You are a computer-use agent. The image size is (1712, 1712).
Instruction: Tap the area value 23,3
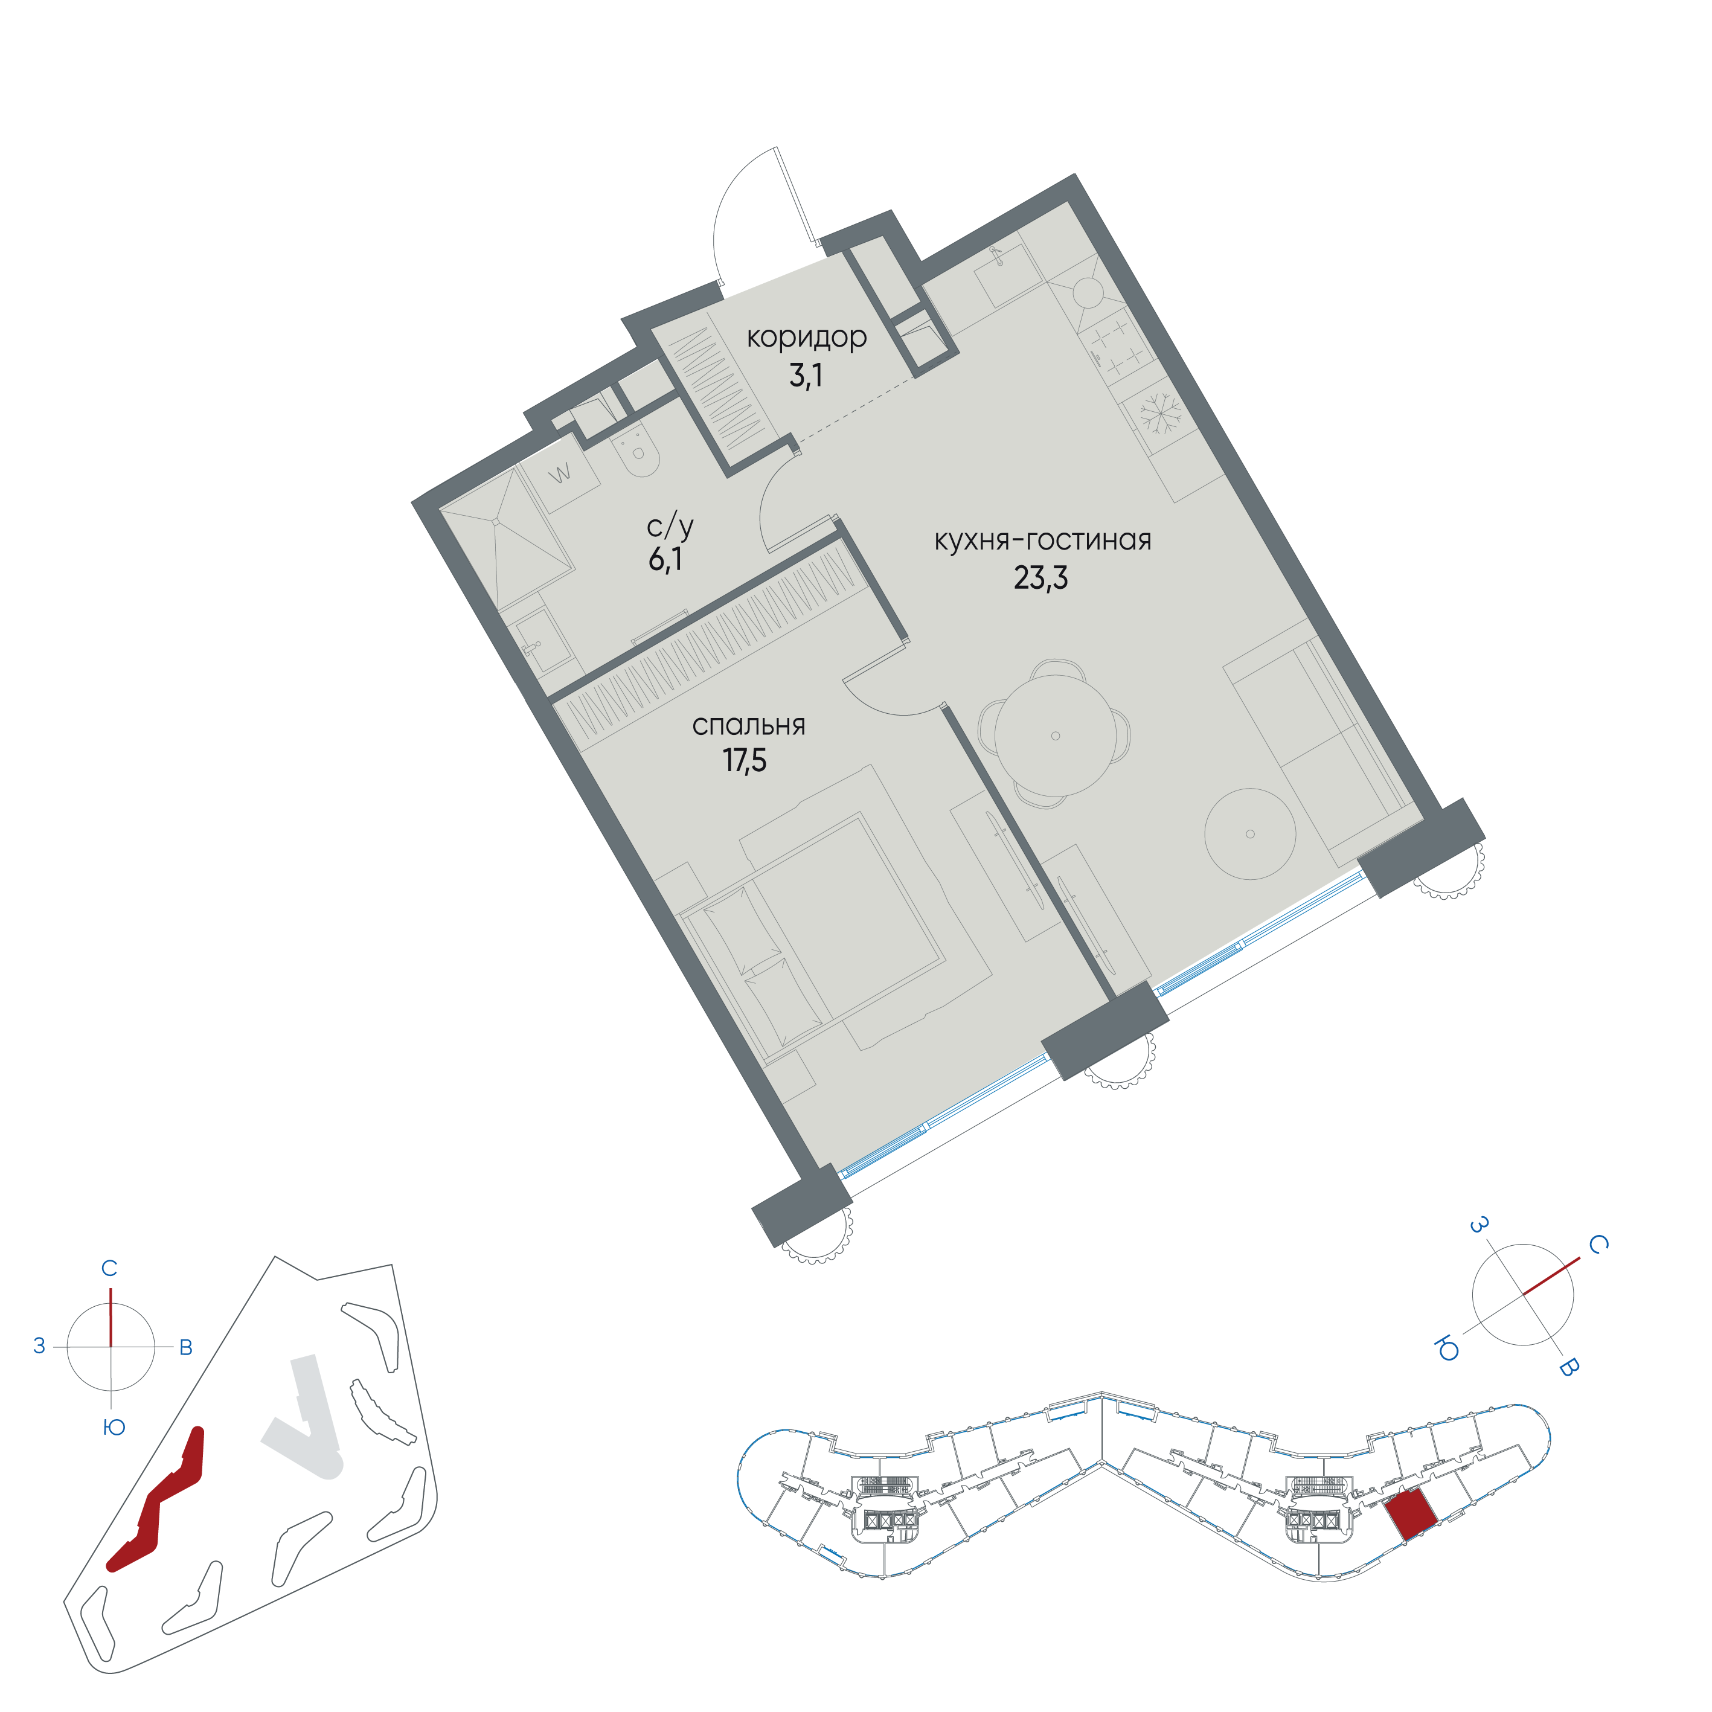point(1040,578)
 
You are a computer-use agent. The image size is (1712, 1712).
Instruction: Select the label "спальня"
point(749,725)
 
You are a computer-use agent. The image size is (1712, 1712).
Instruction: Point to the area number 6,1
point(665,559)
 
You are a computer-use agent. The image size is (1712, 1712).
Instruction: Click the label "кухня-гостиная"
point(1043,540)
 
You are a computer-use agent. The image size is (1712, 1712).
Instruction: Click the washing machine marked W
point(559,474)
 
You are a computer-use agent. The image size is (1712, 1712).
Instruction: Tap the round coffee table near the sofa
point(1249,834)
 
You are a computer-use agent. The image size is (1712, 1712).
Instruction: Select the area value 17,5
point(745,760)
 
